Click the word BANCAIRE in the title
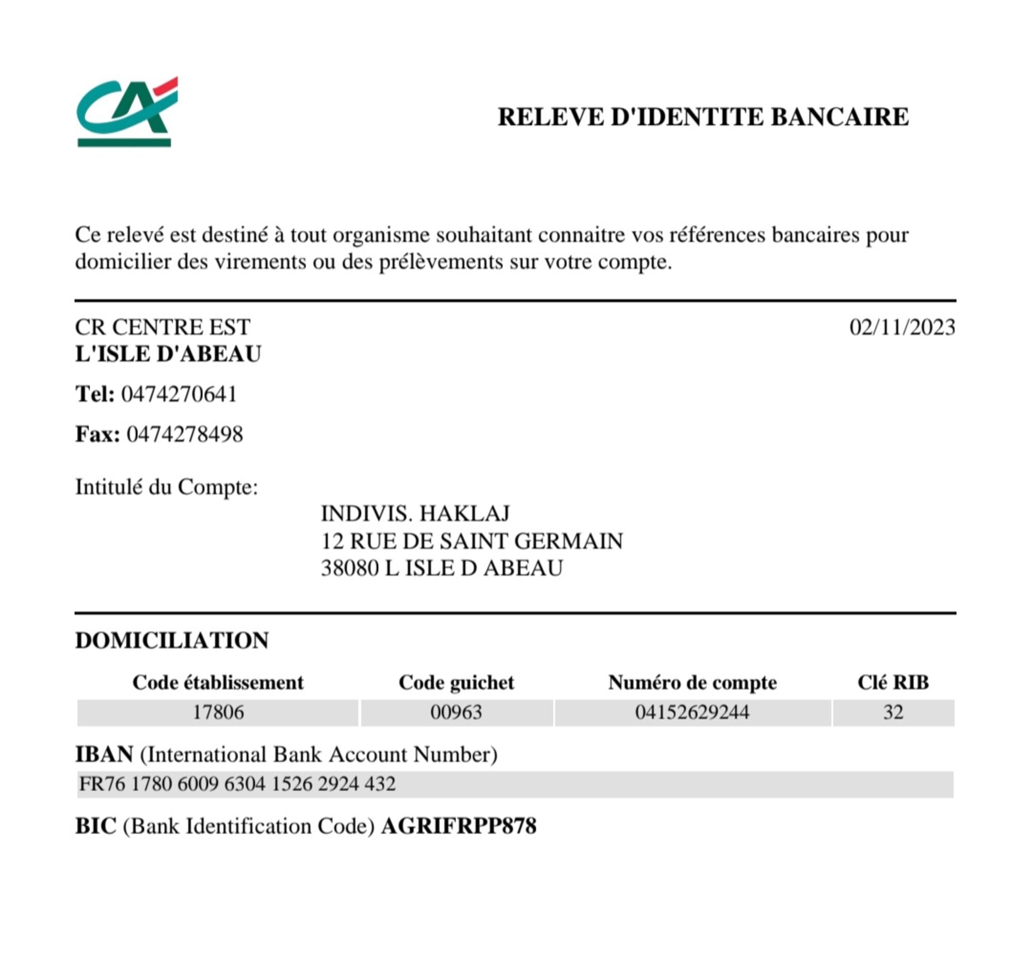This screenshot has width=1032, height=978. [x=839, y=117]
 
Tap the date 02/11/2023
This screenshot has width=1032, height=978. [x=901, y=328]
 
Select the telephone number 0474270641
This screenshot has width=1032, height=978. [x=179, y=394]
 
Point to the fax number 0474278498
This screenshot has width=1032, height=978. [x=185, y=434]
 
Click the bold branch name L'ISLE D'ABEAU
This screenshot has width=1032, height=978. [x=168, y=354]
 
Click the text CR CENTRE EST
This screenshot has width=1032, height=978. [x=162, y=328]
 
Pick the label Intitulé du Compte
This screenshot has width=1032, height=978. [x=166, y=487]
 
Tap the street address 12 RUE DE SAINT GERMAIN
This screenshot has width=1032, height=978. [x=472, y=541]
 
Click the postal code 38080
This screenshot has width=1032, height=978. [x=349, y=568]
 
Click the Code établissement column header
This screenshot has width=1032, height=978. [x=217, y=683]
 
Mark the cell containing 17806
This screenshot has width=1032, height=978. [x=217, y=713]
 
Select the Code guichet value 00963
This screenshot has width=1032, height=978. [x=456, y=713]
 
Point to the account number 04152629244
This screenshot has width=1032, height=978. [x=691, y=713]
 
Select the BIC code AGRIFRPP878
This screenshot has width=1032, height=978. [x=458, y=826]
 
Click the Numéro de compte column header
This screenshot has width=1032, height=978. [x=692, y=683]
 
